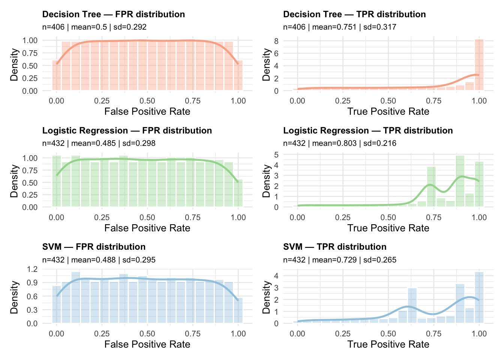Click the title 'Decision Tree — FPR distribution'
pyautogui.click(x=113, y=14)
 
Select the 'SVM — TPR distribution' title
pyautogui.click(x=335, y=247)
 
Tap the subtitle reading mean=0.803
pyautogui.click(x=339, y=143)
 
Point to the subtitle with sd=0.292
pyautogui.click(x=94, y=27)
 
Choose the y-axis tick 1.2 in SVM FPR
pyautogui.click(x=33, y=269)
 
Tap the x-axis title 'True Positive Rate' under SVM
pyautogui.click(x=388, y=344)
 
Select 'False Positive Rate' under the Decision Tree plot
pyautogui.click(x=147, y=111)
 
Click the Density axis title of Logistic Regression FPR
pyautogui.click(x=14, y=181)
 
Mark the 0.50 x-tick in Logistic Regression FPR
pyautogui.click(x=147, y=217)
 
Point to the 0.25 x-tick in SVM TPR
pyautogui.click(x=343, y=334)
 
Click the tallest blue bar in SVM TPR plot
pyautogui.click(x=479, y=297)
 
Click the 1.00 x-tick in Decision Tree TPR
pyautogui.click(x=479, y=101)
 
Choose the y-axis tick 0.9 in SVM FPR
pyautogui.click(x=33, y=282)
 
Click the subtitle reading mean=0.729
pyautogui.click(x=339, y=260)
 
